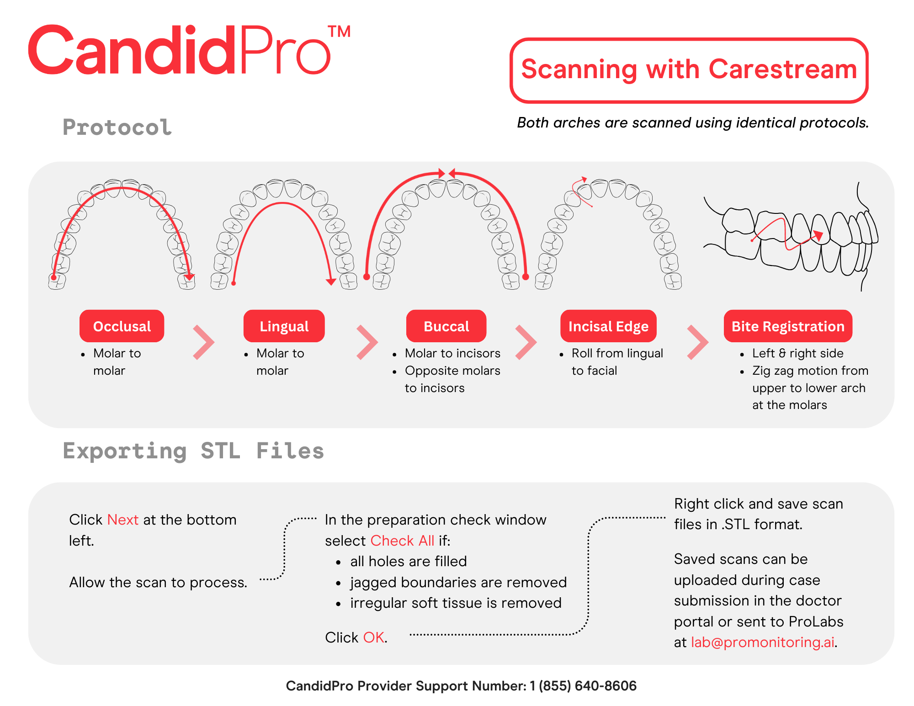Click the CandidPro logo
coord(178,50)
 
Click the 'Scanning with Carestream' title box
coord(689,70)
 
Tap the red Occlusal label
coord(122,326)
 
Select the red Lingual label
coord(284,326)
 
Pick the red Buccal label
coord(446,326)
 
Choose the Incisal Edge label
coord(608,326)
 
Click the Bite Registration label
coord(788,326)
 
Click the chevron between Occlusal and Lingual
coord(203,342)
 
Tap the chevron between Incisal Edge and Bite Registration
coord(697,342)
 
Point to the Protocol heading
coord(117,127)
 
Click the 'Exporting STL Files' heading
coord(193,451)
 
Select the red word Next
coord(122,520)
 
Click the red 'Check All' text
coord(402,541)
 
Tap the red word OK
coord(374,637)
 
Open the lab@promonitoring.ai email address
coord(762,642)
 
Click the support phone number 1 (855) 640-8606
coord(583,686)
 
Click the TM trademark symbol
coord(339,32)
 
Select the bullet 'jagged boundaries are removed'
coord(458,582)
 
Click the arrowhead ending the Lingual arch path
coord(331,281)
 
